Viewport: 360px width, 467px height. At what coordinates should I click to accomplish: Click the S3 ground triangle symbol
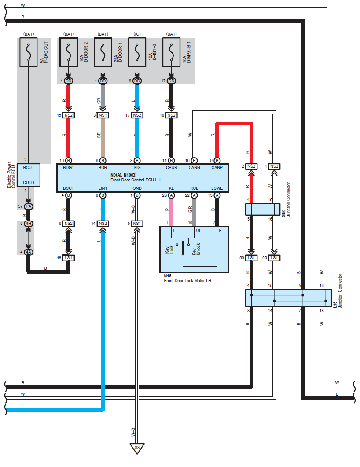coord(137,448)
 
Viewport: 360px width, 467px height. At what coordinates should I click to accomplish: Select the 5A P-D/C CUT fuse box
coord(29,52)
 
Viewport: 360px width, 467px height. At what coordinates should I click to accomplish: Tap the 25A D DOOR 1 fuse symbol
coord(103,52)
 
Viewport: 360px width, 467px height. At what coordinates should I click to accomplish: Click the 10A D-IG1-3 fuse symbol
coord(137,52)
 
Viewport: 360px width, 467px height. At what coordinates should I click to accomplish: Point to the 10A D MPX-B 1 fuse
coord(171,52)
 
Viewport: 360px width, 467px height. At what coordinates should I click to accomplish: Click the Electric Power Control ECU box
coord(29,175)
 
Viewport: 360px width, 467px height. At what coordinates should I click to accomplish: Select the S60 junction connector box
coord(263,210)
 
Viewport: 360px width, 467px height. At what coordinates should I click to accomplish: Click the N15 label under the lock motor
coord(168,276)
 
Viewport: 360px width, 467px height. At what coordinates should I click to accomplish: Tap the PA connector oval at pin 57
coord(28,206)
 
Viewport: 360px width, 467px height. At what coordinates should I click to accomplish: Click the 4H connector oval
coord(28,223)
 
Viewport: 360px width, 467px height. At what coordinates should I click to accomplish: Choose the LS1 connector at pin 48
coord(69,258)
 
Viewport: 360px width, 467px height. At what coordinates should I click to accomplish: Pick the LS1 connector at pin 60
coord(274,258)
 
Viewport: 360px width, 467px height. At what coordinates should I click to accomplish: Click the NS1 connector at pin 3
coord(103,115)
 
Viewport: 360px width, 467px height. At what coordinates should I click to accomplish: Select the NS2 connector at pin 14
coord(103,223)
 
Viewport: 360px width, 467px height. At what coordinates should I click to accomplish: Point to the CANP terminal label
coord(217,168)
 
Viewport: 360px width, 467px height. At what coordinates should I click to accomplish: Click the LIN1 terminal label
coord(103,188)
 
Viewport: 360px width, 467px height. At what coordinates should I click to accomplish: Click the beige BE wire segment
coord(103,138)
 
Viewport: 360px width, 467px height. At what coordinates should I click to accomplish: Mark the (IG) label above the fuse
coord(137,34)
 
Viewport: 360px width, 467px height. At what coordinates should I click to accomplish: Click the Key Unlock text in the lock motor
coord(196,249)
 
